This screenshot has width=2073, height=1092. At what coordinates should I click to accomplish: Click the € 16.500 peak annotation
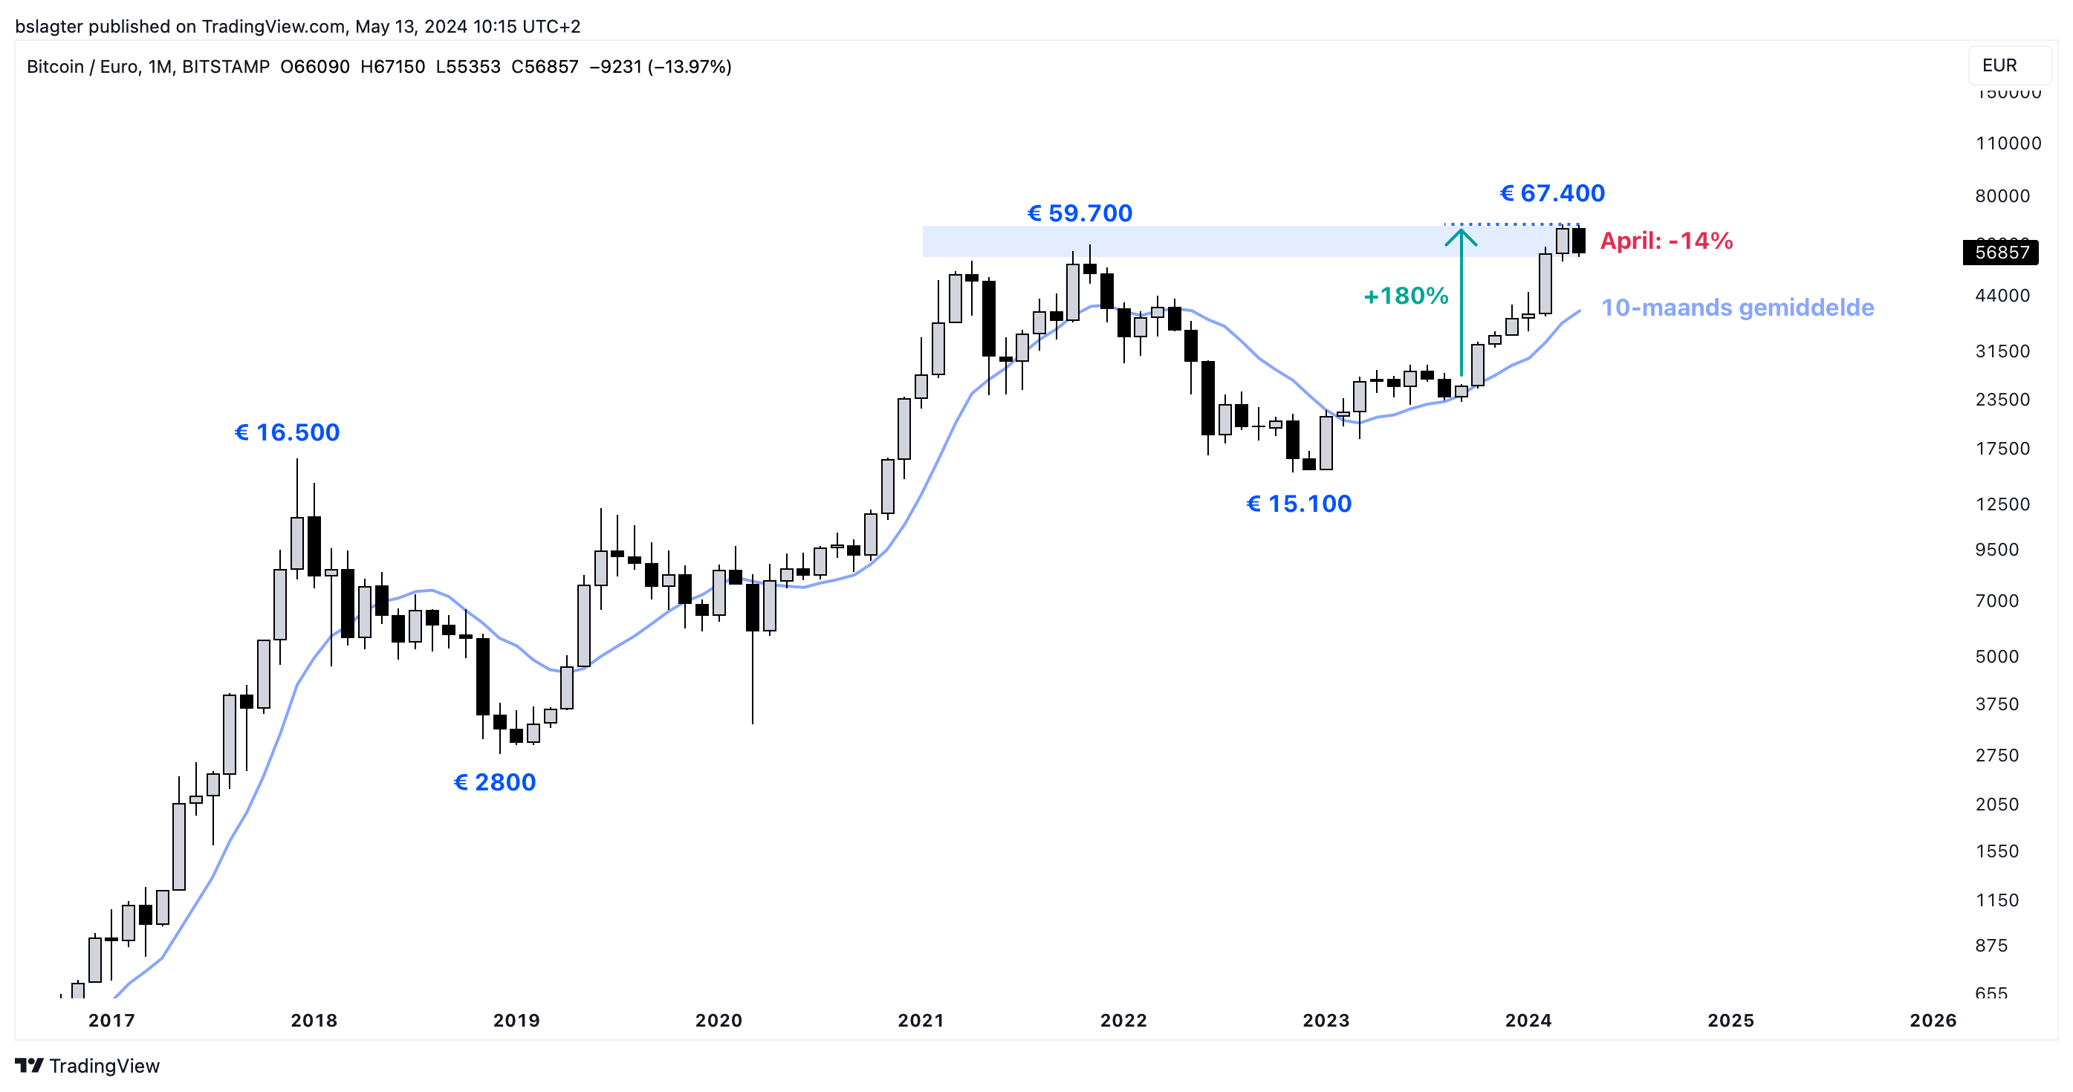(x=287, y=433)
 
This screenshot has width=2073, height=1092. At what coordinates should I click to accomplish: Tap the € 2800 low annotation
(x=494, y=782)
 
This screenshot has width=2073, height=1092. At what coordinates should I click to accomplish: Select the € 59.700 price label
(x=1079, y=213)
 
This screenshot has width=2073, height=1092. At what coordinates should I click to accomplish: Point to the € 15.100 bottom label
(x=1298, y=504)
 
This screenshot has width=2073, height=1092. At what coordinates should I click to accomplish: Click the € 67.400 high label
(x=1551, y=193)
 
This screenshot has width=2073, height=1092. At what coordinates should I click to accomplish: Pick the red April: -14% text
(x=1666, y=241)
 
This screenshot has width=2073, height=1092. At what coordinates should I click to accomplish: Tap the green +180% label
(x=1406, y=296)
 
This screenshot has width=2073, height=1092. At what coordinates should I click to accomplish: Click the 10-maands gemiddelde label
(x=1736, y=308)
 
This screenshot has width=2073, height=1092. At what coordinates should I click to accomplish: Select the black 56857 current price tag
(x=2001, y=253)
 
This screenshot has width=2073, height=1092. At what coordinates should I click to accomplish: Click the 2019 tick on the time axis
(x=516, y=1021)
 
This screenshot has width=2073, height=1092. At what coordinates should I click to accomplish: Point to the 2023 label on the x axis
(x=1326, y=1021)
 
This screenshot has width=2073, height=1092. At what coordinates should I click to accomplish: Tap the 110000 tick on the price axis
(x=2008, y=143)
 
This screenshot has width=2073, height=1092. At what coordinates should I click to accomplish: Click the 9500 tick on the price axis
(x=1996, y=550)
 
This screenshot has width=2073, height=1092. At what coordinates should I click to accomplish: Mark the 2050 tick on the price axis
(x=1996, y=804)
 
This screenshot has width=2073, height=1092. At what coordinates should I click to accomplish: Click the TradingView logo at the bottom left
(x=87, y=1065)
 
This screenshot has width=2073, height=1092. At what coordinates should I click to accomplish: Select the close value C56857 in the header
(x=544, y=67)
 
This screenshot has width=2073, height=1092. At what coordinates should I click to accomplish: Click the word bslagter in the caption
(x=48, y=27)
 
